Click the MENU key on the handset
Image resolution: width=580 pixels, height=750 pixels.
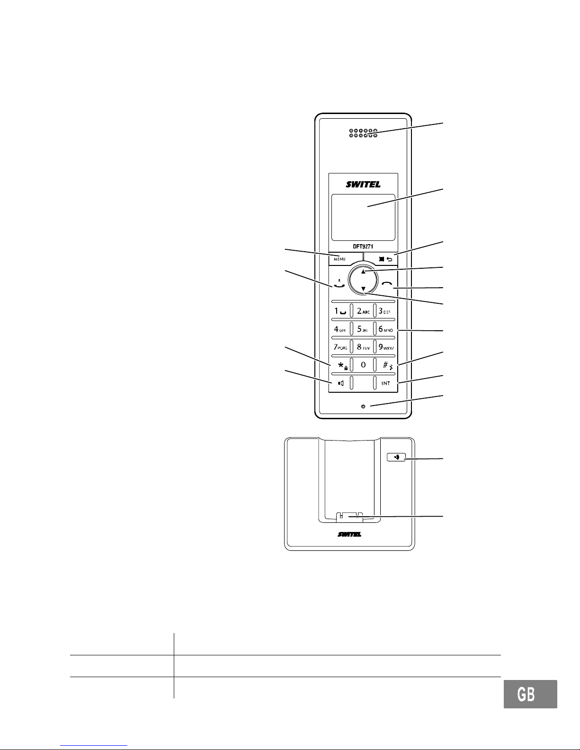pyautogui.click(x=339, y=259)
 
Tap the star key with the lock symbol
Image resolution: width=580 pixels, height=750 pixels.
pyautogui.click(x=340, y=365)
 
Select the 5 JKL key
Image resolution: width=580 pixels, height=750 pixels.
pyautogui.click(x=363, y=329)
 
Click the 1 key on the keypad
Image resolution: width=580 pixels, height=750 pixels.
pyautogui.click(x=339, y=311)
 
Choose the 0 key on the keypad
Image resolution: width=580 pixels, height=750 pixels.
pyautogui.click(x=363, y=365)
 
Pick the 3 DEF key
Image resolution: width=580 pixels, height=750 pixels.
pyautogui.click(x=385, y=311)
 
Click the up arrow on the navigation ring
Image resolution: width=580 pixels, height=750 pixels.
pyautogui.click(x=363, y=272)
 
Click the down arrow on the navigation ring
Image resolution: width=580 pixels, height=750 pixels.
pyautogui.click(x=363, y=289)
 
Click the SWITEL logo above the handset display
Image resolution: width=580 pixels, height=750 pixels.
pyautogui.click(x=363, y=185)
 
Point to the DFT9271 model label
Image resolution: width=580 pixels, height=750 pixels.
pyautogui.click(x=363, y=247)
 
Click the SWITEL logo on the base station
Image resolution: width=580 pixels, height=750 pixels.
pyautogui.click(x=350, y=535)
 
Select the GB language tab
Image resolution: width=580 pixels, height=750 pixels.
pyautogui.click(x=530, y=694)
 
